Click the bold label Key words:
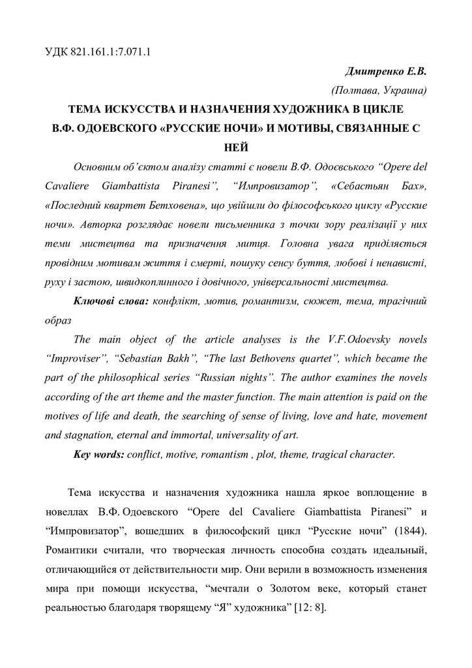click(x=98, y=453)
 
